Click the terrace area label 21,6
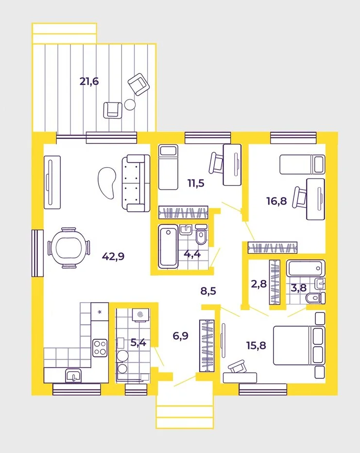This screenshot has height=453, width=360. (x=89, y=81)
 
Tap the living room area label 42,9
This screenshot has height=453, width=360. (x=113, y=256)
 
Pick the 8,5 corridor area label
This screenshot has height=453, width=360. (x=209, y=292)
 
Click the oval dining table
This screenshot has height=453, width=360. (x=69, y=248)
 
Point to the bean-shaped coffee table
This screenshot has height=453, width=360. (x=107, y=181)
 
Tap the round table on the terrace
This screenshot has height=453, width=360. (x=130, y=104)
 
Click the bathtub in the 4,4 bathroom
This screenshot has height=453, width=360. (x=168, y=246)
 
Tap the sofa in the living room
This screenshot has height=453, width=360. (x=135, y=183)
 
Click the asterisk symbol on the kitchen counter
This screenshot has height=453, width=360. (x=100, y=311)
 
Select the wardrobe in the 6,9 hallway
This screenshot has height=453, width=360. (x=206, y=345)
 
